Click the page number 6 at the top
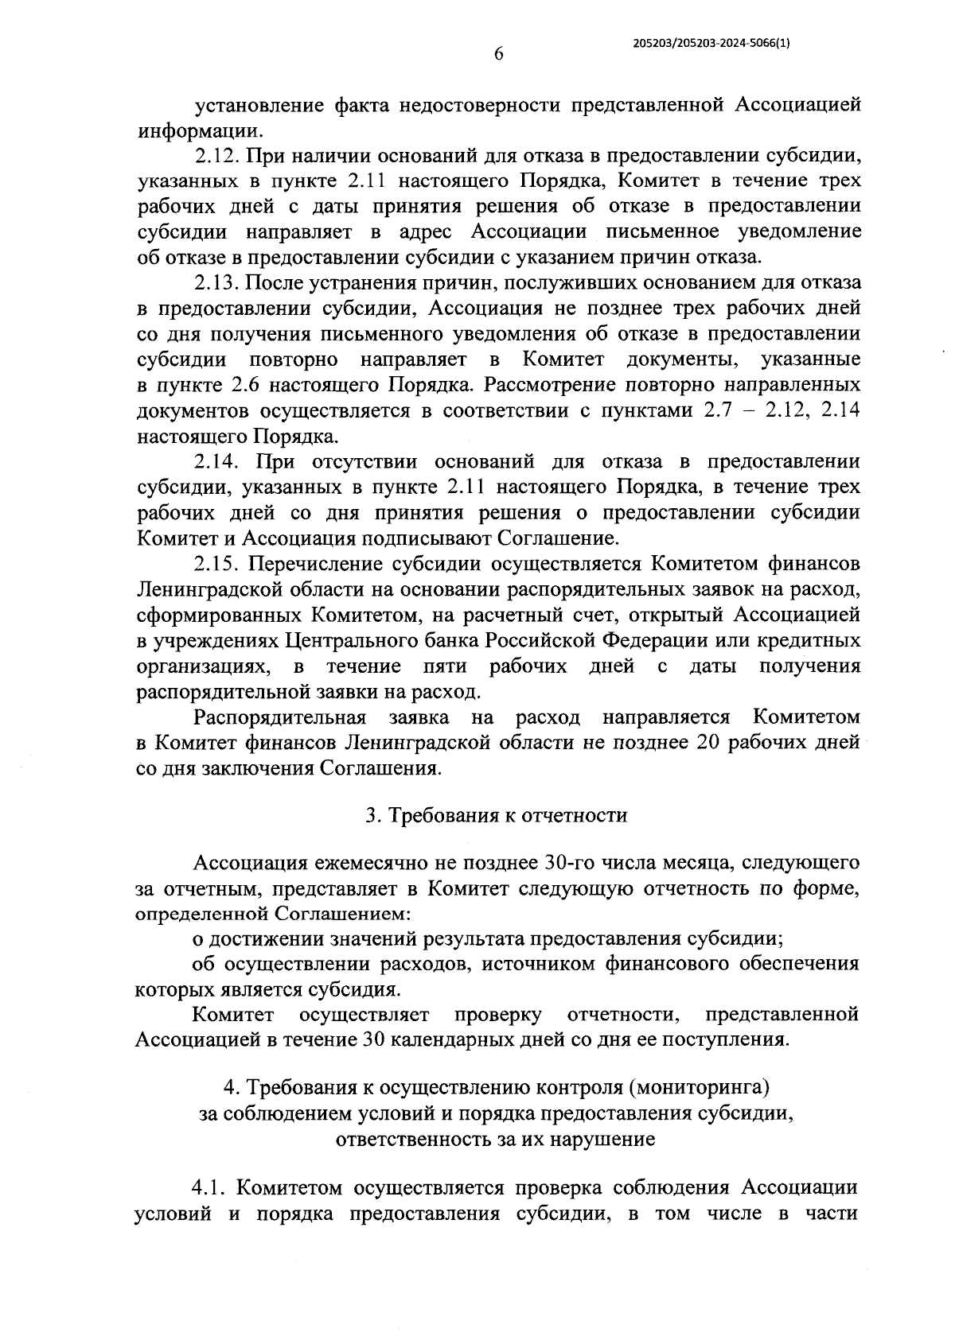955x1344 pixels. point(499,53)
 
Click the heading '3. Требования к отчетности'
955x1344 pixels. point(496,815)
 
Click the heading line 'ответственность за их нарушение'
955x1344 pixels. point(496,1138)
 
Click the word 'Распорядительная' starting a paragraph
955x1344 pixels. point(279,717)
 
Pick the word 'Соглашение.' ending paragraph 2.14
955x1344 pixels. point(558,538)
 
